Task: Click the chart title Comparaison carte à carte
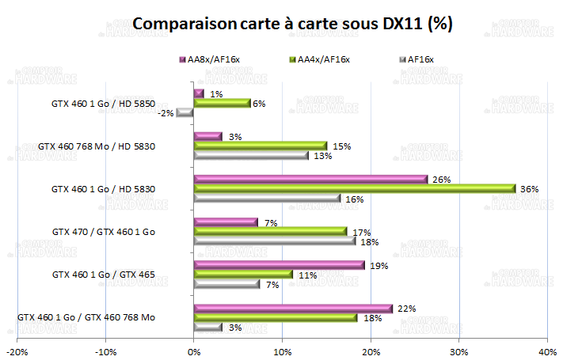click(x=292, y=25)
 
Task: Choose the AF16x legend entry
click(x=419, y=59)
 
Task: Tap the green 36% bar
click(x=355, y=188)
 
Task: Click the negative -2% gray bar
click(x=185, y=112)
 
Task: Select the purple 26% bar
click(x=310, y=179)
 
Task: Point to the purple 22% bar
click(x=293, y=308)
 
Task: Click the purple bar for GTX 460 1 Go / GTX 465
click(x=280, y=265)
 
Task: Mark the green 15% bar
click(x=261, y=146)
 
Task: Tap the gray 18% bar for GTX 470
click(x=274, y=241)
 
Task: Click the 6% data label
click(x=259, y=104)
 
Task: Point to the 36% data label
click(x=530, y=189)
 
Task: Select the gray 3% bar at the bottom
click(x=207, y=327)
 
